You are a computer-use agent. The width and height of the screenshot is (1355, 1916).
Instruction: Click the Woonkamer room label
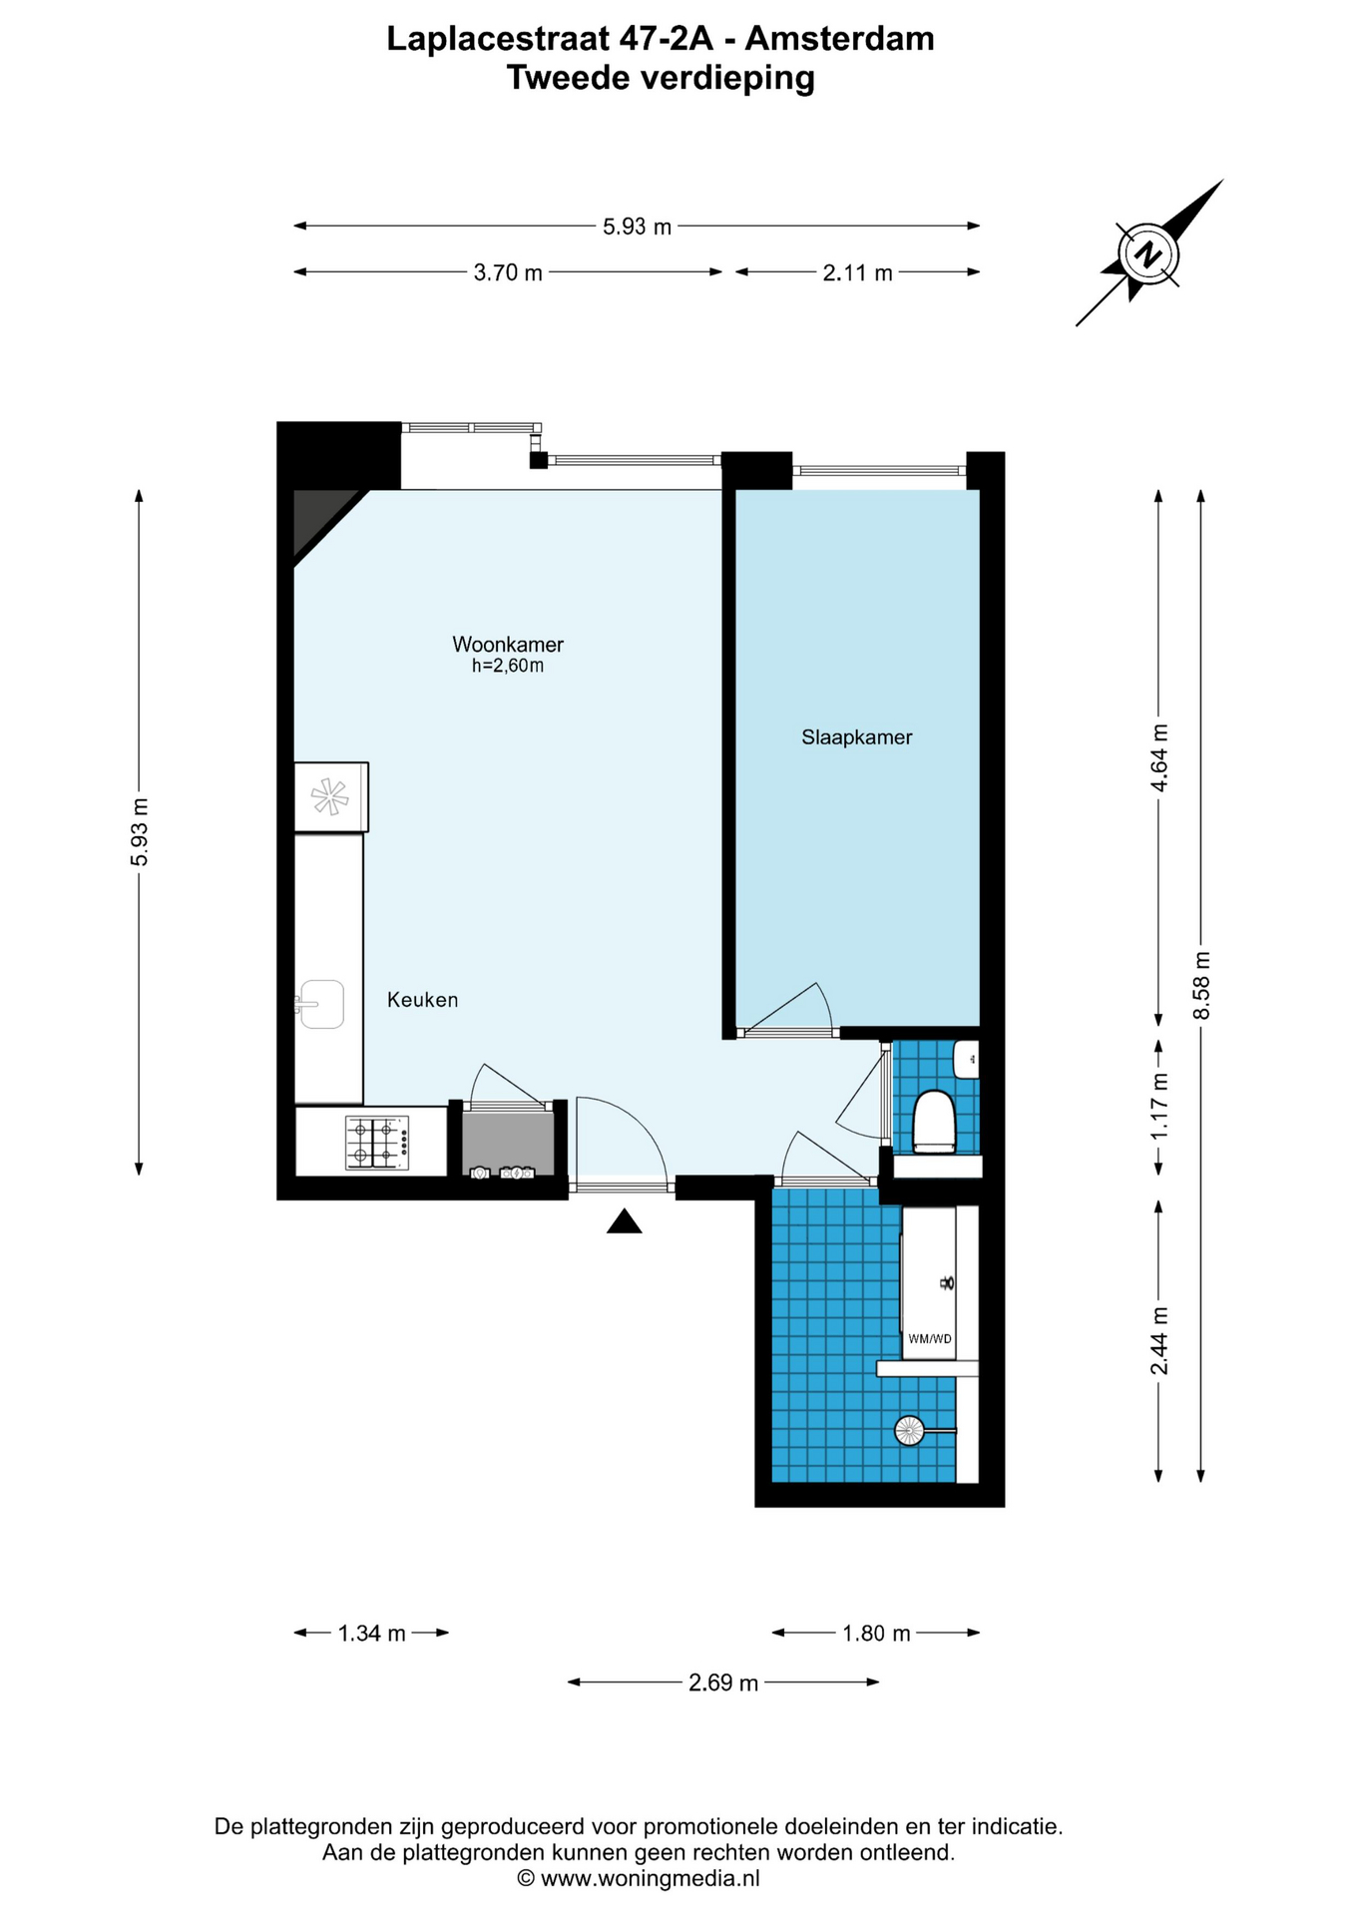tap(508, 644)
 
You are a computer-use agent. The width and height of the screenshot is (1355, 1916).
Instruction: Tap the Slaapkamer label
tap(857, 737)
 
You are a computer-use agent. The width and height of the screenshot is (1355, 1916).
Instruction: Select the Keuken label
tap(423, 1000)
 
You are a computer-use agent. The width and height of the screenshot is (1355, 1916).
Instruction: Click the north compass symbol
tap(1149, 252)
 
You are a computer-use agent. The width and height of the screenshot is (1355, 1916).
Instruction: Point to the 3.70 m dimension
tap(508, 272)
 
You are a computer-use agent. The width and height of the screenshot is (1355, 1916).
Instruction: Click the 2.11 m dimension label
tap(858, 272)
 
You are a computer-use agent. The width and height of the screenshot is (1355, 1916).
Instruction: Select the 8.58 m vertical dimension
tap(1201, 985)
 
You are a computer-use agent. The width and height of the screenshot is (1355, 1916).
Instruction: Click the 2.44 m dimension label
tap(1159, 1340)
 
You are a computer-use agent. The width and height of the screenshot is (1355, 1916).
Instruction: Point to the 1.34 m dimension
tap(371, 1634)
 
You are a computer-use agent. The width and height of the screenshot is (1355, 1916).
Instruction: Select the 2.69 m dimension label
tap(723, 1683)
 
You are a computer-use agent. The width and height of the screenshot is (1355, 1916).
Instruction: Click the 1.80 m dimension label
tap(876, 1634)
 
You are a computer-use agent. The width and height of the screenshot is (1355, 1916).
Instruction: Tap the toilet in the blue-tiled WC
tap(935, 1122)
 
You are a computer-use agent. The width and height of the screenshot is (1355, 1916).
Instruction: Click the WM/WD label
tap(929, 1338)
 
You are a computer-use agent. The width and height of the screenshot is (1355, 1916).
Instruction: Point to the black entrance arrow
tap(625, 1220)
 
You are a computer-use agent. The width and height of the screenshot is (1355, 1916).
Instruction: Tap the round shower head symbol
tap(909, 1431)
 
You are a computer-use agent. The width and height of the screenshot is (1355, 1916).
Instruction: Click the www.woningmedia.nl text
tap(650, 1878)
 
